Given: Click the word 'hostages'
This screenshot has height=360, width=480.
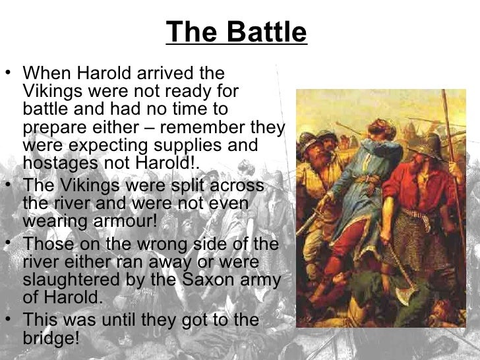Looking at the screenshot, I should point(56,162).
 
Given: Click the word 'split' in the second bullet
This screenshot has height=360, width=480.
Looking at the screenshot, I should point(159,185).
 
